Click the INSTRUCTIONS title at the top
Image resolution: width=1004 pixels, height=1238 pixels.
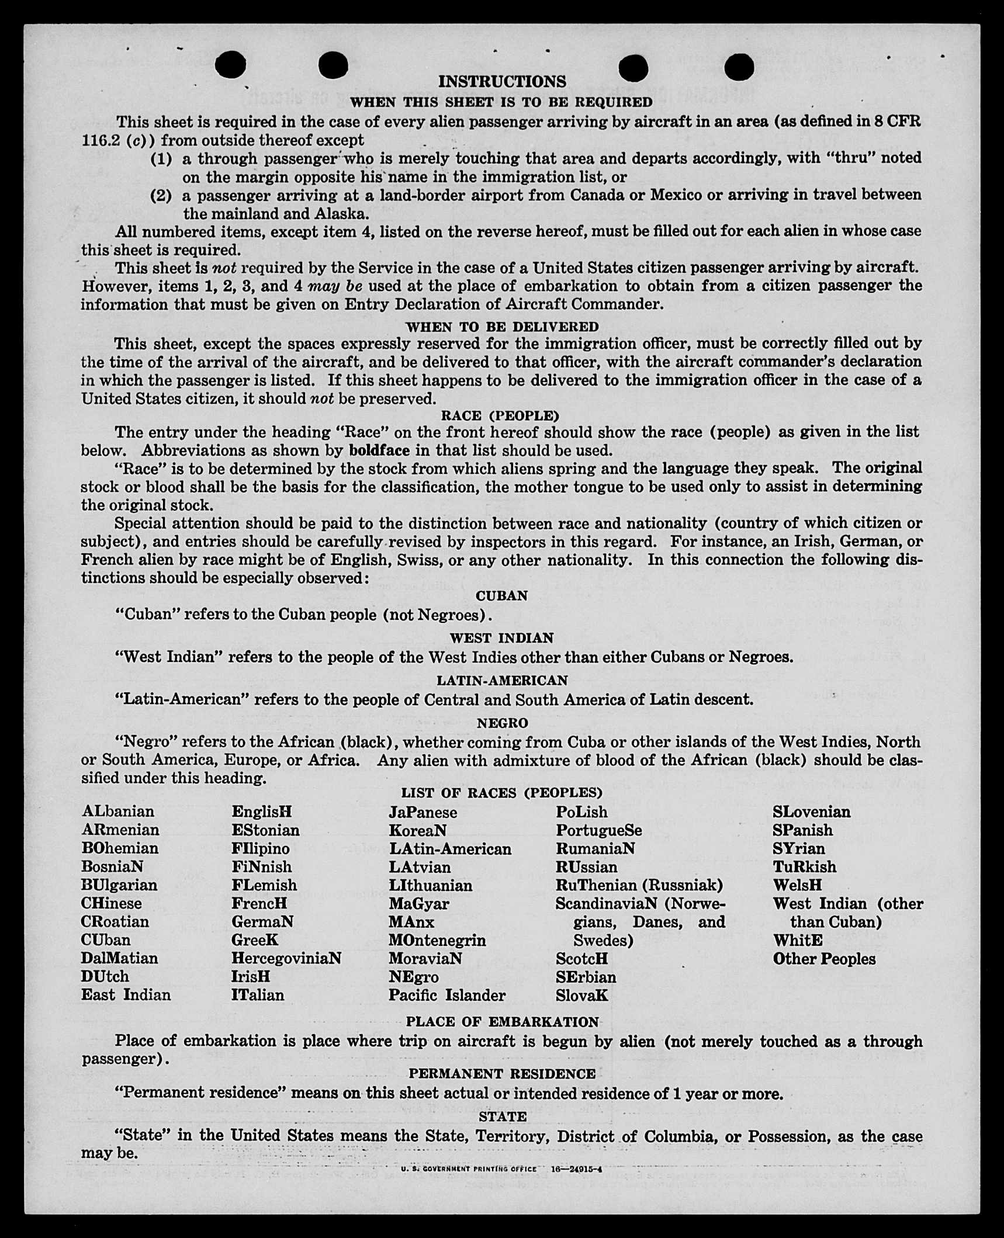(x=502, y=81)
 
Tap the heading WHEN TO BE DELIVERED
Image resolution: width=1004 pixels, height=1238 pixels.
(x=502, y=327)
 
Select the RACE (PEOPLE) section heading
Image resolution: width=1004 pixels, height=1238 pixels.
(x=500, y=415)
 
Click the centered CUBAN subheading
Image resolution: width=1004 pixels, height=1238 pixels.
(x=501, y=596)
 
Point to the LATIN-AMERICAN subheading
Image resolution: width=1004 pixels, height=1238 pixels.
(x=502, y=680)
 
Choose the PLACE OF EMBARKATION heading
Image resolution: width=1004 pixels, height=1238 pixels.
(x=502, y=1022)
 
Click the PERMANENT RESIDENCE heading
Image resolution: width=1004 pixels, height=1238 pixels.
(x=502, y=1074)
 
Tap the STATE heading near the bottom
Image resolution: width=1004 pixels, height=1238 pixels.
(x=503, y=1116)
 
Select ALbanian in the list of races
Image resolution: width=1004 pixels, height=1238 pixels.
(x=118, y=812)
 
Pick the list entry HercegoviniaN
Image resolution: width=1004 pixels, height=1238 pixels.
(x=286, y=958)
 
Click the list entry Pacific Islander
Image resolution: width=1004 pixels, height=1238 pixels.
(x=447, y=995)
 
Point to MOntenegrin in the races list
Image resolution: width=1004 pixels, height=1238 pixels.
(x=437, y=940)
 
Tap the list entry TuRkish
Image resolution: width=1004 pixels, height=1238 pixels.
(x=804, y=866)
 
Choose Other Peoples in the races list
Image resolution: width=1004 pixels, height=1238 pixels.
(x=824, y=959)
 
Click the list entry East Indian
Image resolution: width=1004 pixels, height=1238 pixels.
(x=126, y=995)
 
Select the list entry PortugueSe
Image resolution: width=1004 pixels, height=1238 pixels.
(x=598, y=830)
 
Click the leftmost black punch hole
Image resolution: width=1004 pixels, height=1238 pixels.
(x=230, y=64)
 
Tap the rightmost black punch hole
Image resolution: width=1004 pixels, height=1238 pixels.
(x=739, y=67)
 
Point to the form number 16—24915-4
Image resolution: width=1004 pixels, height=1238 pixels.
(x=577, y=1169)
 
